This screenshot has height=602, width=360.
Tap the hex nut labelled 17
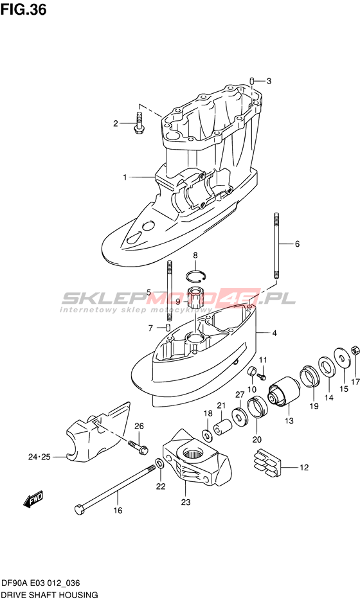(355, 350)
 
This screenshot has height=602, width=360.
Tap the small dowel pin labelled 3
(251, 80)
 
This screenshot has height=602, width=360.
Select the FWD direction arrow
(33, 499)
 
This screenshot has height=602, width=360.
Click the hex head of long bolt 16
(79, 509)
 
